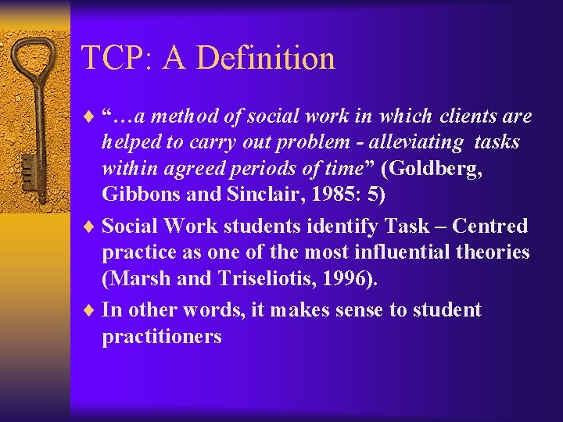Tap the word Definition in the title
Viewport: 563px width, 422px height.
[x=266, y=58]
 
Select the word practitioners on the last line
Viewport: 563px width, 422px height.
[x=162, y=337]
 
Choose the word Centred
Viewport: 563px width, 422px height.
[x=490, y=227]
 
